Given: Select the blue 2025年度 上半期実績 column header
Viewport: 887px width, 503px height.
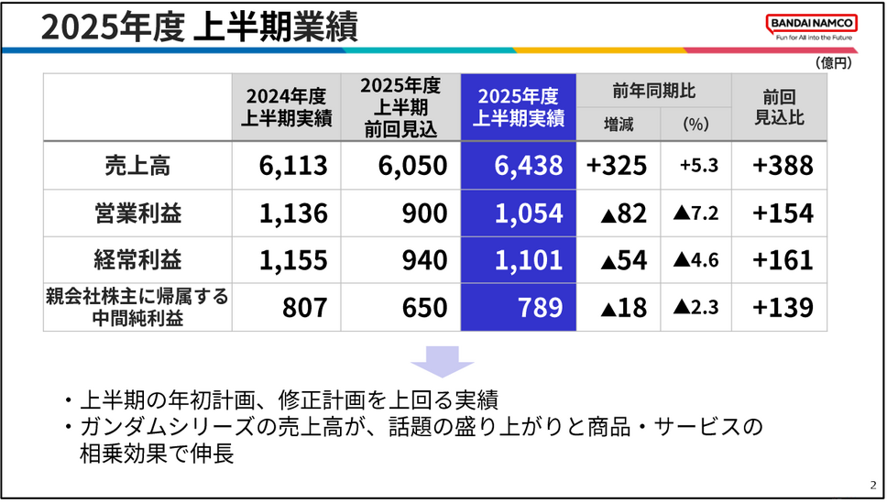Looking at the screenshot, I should coord(519,108).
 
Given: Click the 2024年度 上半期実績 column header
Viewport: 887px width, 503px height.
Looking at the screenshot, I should coord(286,108).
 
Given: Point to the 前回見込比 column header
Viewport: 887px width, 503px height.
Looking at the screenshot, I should coord(779,108).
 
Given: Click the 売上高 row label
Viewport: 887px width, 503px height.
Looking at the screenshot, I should coord(137,166).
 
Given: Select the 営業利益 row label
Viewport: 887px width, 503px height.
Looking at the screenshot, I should coord(137,213).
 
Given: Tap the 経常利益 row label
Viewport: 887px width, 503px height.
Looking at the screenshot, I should coord(137,259).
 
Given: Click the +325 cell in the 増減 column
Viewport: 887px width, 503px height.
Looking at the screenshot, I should coord(617,166).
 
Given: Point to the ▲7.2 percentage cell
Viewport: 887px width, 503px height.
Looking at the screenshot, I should coord(695,213).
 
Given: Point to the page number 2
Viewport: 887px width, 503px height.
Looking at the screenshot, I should coord(871,486).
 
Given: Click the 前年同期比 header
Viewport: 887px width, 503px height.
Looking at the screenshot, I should coord(654,92).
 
